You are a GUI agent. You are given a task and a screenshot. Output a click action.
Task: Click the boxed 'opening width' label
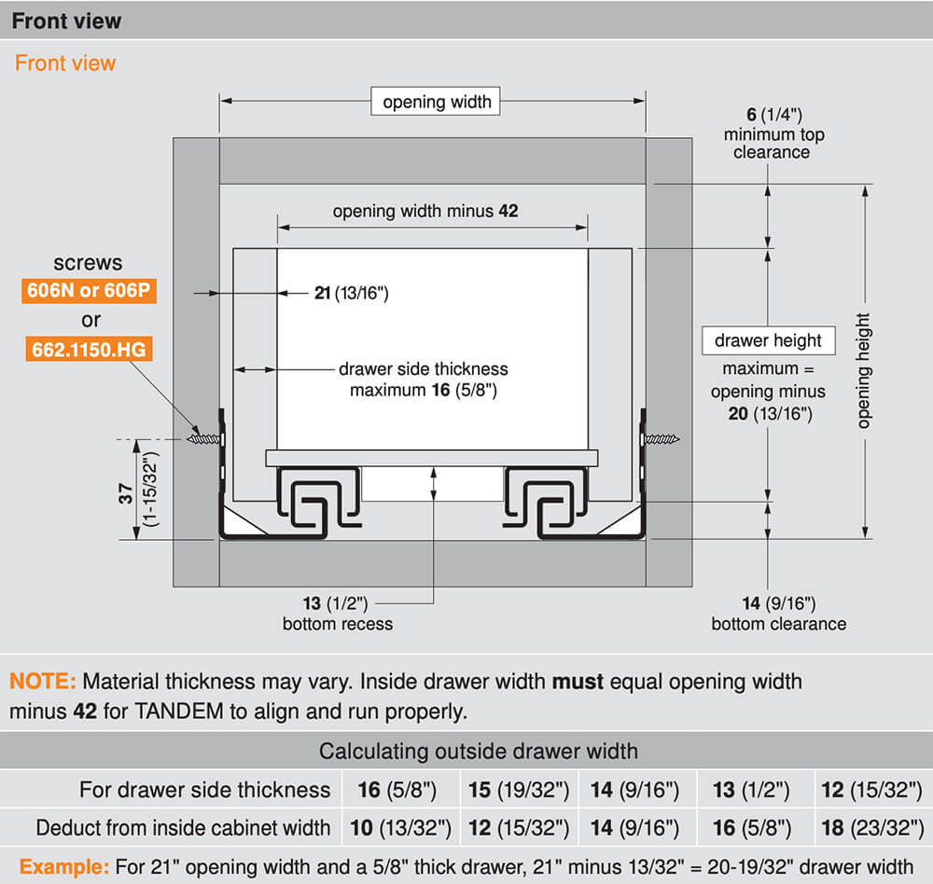tap(437, 102)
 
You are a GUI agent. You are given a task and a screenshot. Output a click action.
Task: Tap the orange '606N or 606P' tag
tap(89, 291)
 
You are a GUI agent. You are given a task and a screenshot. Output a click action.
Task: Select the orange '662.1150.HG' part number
tap(89, 350)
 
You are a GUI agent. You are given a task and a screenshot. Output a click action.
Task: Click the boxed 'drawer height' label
tap(768, 340)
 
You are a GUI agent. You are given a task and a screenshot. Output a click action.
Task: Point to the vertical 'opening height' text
tap(863, 370)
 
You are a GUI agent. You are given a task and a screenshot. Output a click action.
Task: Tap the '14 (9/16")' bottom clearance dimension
tap(778, 604)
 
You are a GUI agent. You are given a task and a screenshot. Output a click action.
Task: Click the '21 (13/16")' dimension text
tap(351, 294)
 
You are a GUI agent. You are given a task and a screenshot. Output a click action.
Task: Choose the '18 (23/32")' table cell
tap(871, 827)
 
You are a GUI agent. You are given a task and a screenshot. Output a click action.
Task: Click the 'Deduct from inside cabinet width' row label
tap(183, 827)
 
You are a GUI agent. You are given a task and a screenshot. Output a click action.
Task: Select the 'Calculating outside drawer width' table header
tap(479, 751)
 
